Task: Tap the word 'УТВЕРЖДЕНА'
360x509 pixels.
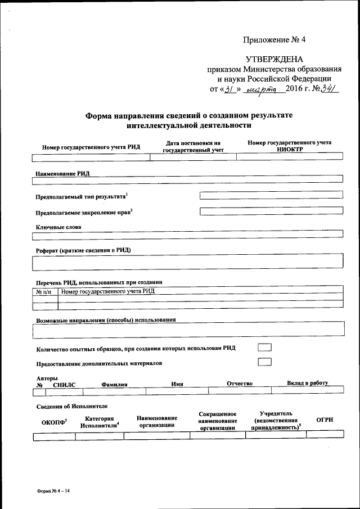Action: point(274,60)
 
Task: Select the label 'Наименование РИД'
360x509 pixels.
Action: point(62,174)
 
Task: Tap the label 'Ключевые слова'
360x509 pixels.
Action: point(58,227)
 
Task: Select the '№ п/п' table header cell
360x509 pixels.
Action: point(45,291)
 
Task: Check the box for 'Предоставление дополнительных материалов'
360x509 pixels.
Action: point(264,362)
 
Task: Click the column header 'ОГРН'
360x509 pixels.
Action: point(325,420)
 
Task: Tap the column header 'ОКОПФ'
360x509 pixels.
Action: point(54,421)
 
